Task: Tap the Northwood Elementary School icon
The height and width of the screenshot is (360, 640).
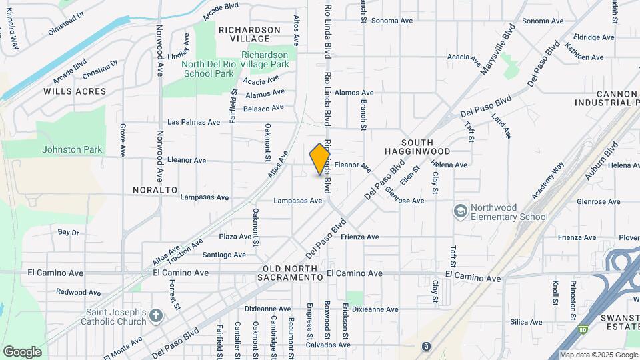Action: tap(459, 211)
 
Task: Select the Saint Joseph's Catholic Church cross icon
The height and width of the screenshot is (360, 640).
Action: tap(155, 315)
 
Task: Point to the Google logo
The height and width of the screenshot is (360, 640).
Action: tap(22, 351)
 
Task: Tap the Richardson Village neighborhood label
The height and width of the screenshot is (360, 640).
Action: tap(250, 34)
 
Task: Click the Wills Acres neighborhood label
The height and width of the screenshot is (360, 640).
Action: tap(75, 91)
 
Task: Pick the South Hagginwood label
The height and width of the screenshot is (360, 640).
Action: tap(427, 147)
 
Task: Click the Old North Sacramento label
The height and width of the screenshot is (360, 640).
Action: tap(291, 272)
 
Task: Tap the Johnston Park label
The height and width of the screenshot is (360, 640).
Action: tap(72, 149)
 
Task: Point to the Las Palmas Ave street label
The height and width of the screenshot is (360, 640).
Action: tap(193, 122)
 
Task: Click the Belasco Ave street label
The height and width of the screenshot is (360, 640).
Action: tap(264, 108)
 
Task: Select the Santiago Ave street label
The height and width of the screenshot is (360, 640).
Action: tap(224, 255)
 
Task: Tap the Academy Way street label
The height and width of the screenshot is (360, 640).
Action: tap(548, 180)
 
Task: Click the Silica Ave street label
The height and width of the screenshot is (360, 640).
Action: tap(526, 322)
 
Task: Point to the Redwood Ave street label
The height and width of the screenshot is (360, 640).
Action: tap(78, 292)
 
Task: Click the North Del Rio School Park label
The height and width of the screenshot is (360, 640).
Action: tap(209, 69)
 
